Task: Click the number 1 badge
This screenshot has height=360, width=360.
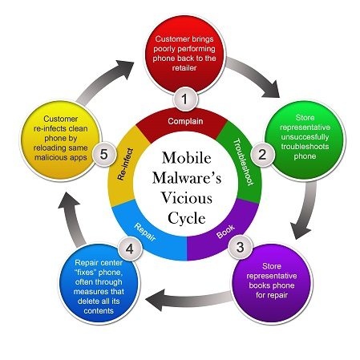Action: click(x=185, y=99)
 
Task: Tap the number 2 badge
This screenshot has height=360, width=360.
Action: click(x=262, y=155)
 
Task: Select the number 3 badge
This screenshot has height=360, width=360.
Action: click(x=240, y=247)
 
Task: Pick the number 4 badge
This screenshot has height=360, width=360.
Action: click(x=130, y=249)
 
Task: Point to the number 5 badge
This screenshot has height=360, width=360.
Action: click(x=104, y=155)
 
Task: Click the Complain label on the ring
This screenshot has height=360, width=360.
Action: click(x=185, y=121)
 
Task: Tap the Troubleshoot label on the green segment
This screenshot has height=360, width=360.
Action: click(x=243, y=162)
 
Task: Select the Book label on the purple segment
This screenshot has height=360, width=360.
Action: click(x=226, y=232)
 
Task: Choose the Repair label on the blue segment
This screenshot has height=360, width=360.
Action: click(x=145, y=232)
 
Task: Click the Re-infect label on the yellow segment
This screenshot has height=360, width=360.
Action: click(x=125, y=164)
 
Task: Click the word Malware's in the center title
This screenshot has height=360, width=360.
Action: click(x=187, y=177)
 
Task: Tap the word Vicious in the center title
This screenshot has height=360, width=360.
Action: click(x=187, y=198)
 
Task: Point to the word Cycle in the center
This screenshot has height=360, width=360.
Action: click(x=187, y=218)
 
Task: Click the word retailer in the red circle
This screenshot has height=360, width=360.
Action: click(x=184, y=68)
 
